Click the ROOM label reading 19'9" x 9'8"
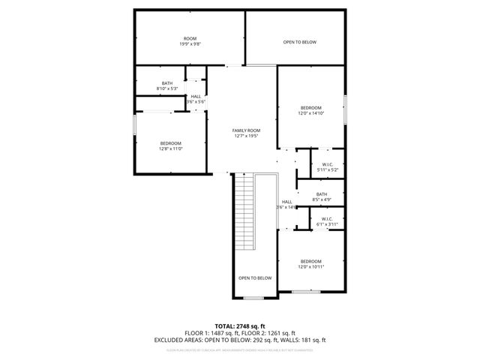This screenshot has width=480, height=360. pyautogui.click(x=190, y=41)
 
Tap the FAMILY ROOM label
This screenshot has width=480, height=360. pyautogui.click(x=246, y=133)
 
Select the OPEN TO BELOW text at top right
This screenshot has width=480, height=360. pyautogui.click(x=300, y=42)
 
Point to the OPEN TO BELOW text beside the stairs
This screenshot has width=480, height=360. pyautogui.click(x=255, y=278)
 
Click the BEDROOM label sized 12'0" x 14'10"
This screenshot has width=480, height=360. pyautogui.click(x=310, y=110)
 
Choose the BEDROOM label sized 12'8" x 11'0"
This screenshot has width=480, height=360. pyautogui.click(x=170, y=145)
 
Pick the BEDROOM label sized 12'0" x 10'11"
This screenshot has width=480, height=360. pyautogui.click(x=310, y=264)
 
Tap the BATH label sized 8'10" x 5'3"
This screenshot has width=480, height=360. pyautogui.click(x=167, y=85)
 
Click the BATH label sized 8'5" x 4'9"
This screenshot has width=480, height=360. pyautogui.click(x=321, y=197)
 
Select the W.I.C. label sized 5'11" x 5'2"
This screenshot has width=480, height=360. pyautogui.click(x=327, y=167)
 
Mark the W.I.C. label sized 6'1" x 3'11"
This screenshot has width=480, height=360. pyautogui.click(x=327, y=221)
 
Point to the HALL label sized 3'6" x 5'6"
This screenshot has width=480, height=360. pyautogui.click(x=196, y=99)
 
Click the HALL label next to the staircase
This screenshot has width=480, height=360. pyautogui.click(x=287, y=204)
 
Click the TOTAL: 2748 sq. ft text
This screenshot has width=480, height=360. pyautogui.click(x=240, y=326)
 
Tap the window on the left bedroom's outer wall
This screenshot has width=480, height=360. pyautogui.click(x=135, y=124)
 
